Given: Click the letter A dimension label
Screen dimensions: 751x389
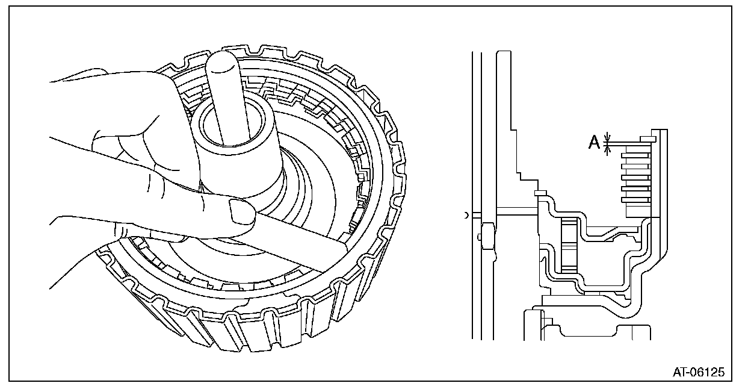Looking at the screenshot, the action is point(593,142).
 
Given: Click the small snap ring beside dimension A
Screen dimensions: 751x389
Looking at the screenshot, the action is point(647,138).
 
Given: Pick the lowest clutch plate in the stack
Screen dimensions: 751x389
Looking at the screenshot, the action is point(635,199).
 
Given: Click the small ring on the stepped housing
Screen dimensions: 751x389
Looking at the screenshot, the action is point(539,193).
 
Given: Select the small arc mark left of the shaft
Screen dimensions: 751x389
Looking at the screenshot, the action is point(466,214).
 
